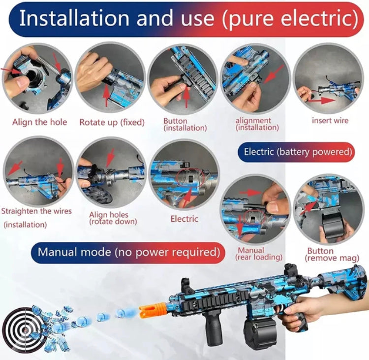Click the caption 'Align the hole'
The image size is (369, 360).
coord(39,122)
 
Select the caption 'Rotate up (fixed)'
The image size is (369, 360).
coord(112,122)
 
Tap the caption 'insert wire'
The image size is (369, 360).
coord(330,120)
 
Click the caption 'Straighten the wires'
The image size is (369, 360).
coord(36,211)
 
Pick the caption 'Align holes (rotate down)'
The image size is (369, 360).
coord(113,218)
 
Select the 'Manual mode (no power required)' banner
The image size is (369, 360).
coord(128,252)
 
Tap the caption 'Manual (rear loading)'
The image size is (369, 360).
coord(259,254)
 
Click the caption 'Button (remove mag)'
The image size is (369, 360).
coord(332,255)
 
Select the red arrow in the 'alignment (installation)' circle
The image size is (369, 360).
coord(274,74)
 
